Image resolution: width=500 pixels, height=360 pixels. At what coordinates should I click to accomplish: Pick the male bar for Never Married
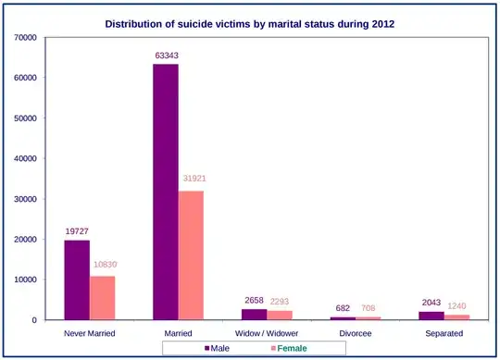pos(77,279)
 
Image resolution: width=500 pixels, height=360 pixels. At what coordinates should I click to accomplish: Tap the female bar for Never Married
pos(102,298)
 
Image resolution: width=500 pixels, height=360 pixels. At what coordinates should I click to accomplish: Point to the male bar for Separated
pos(431,316)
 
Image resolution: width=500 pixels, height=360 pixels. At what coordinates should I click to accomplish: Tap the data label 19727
pos(77,231)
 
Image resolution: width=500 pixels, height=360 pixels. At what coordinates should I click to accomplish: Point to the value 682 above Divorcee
pos(344,308)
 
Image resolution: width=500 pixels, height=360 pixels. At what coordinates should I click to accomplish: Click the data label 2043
pos(431,303)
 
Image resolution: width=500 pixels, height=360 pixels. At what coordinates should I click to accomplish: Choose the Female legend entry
pos(288,348)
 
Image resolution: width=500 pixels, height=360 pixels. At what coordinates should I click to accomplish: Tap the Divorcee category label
pos(356,332)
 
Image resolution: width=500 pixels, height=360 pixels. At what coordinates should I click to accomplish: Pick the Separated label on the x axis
pos(444,332)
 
